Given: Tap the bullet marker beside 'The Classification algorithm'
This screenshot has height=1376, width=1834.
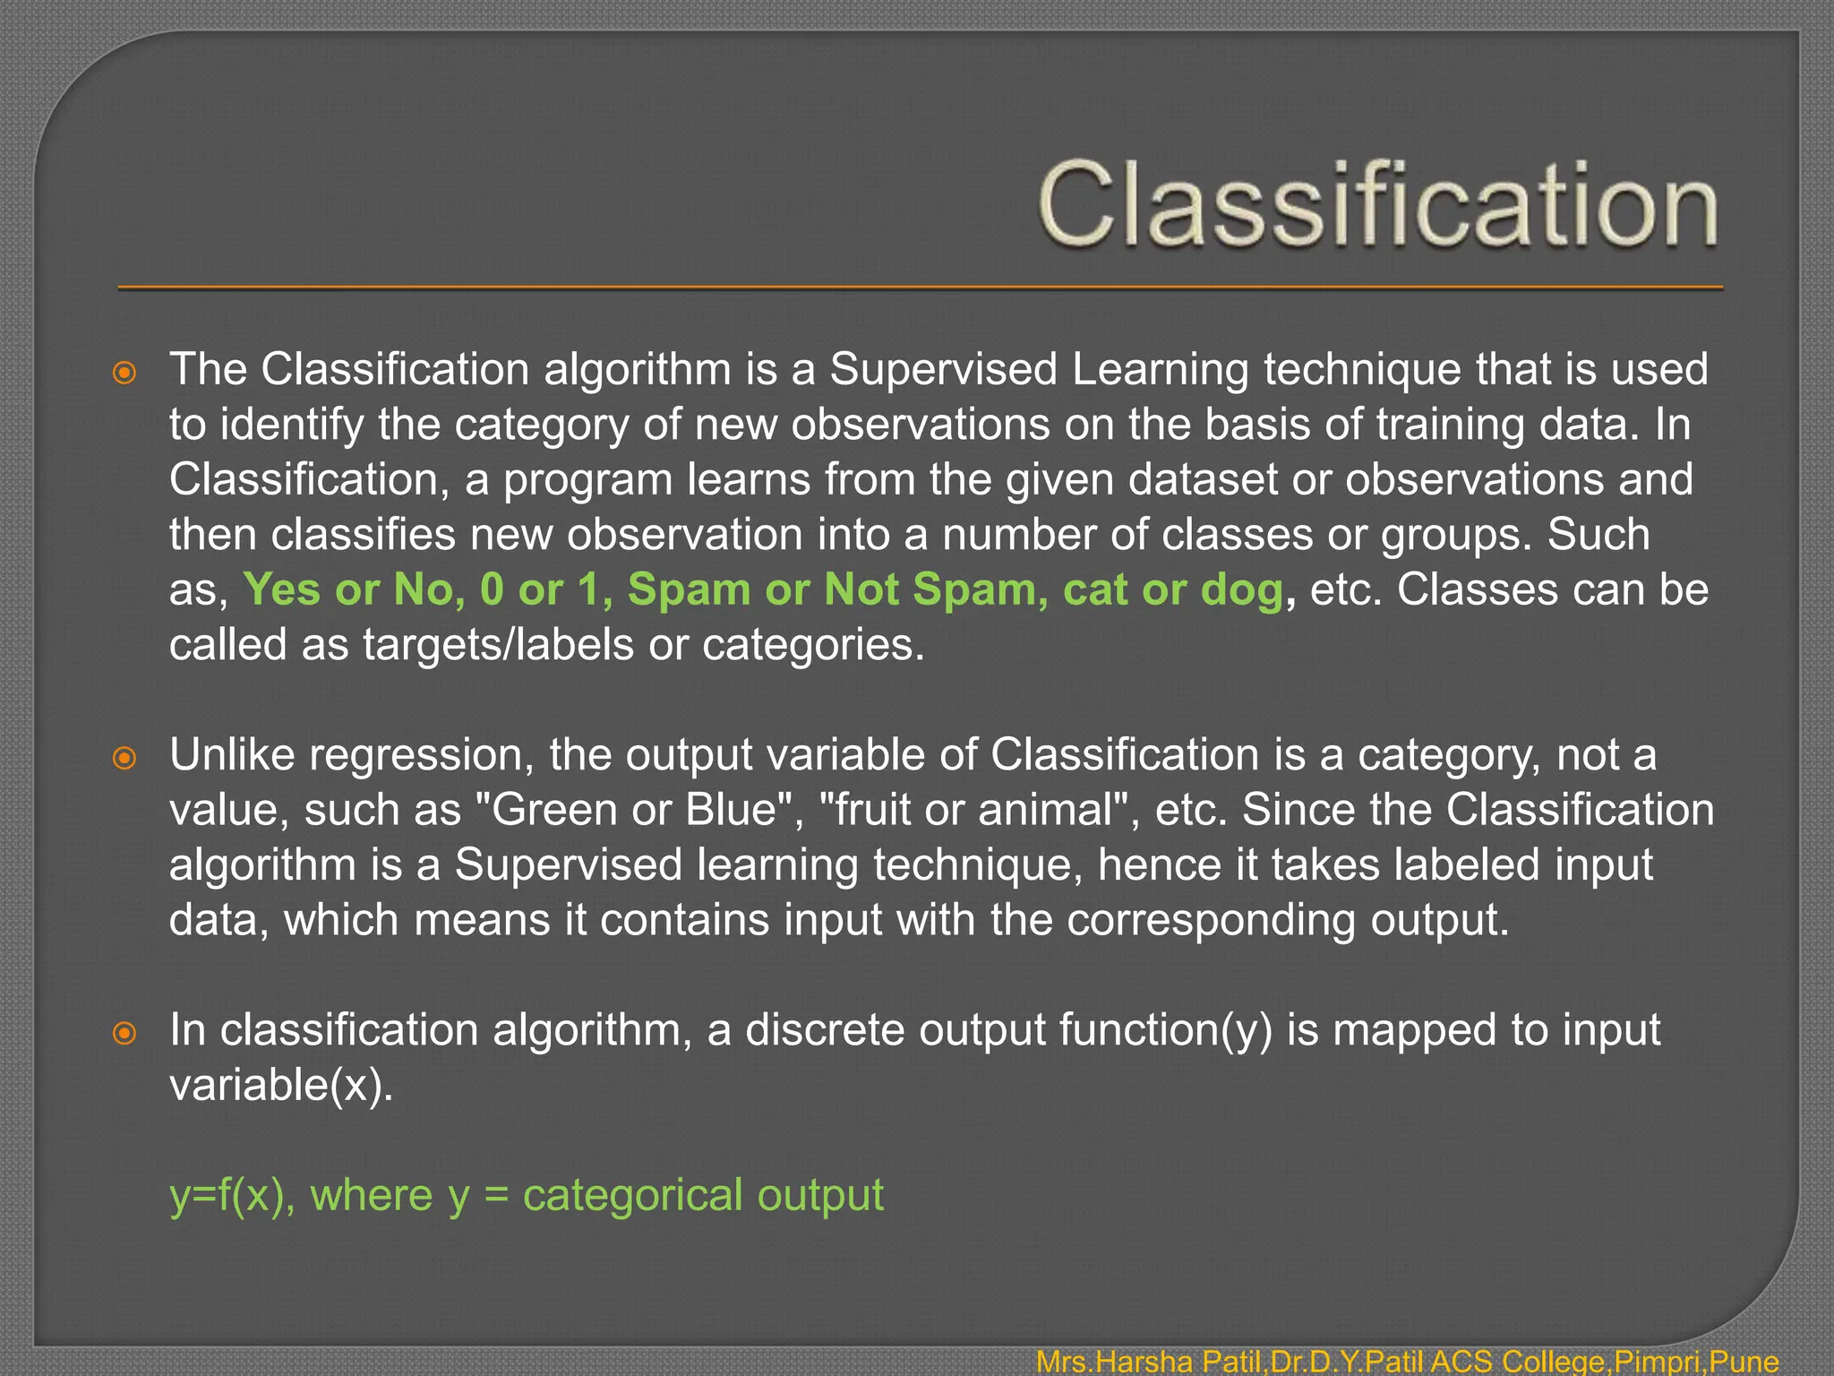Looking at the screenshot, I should click(125, 373).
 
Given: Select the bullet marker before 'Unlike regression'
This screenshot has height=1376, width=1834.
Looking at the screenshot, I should click(125, 758).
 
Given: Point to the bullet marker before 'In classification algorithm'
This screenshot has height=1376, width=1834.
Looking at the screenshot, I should click(125, 1033).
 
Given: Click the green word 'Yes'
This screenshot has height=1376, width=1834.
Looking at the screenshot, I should click(281, 589).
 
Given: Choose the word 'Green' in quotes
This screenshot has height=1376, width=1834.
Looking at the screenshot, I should click(554, 810).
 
